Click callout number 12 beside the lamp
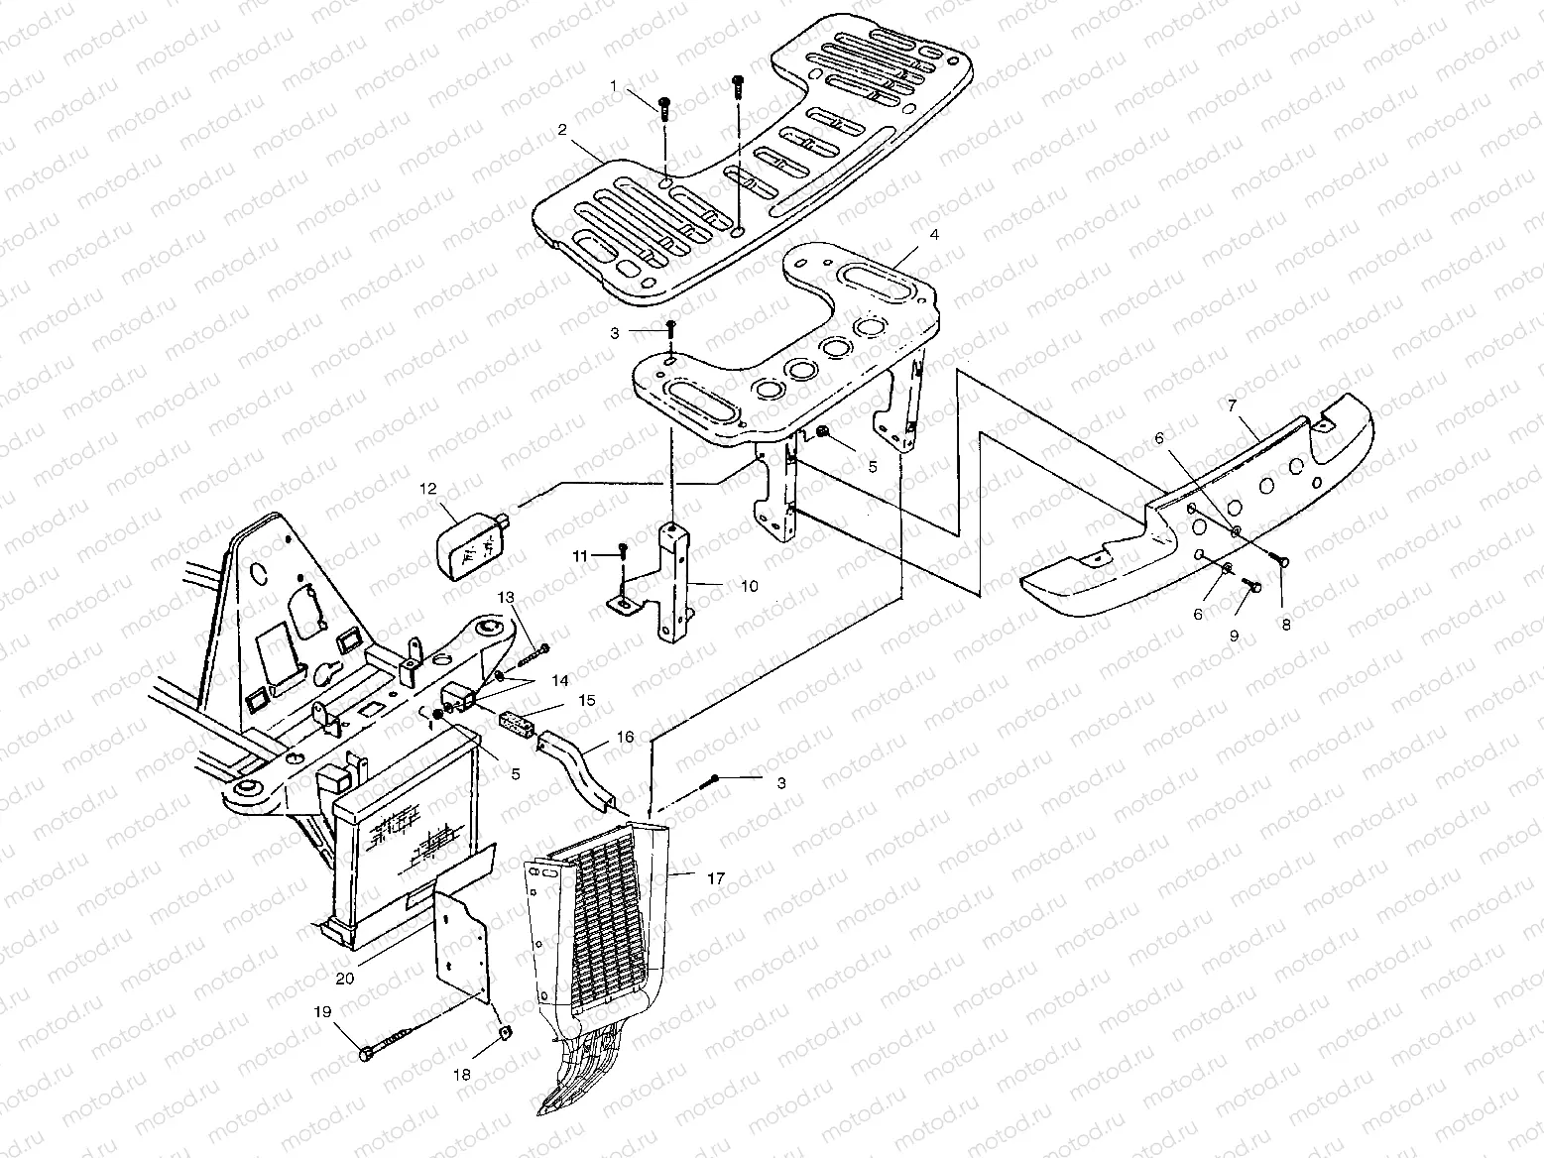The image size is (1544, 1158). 427,488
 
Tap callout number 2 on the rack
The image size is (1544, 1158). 561,130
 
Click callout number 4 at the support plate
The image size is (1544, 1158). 905,235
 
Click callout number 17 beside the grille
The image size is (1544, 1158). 716,878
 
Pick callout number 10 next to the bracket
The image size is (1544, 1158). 749,587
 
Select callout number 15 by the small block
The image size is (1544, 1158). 587,700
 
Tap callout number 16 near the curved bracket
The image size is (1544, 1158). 625,738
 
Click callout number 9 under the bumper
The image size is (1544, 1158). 1235,637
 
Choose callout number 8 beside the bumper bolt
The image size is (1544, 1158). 1286,626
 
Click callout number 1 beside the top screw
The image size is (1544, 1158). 613,86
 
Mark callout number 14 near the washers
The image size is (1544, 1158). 561,681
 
